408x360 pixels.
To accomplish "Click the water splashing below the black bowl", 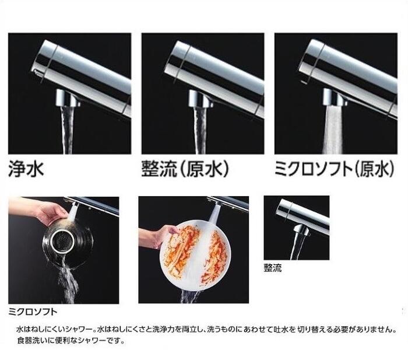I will tap(68, 286).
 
